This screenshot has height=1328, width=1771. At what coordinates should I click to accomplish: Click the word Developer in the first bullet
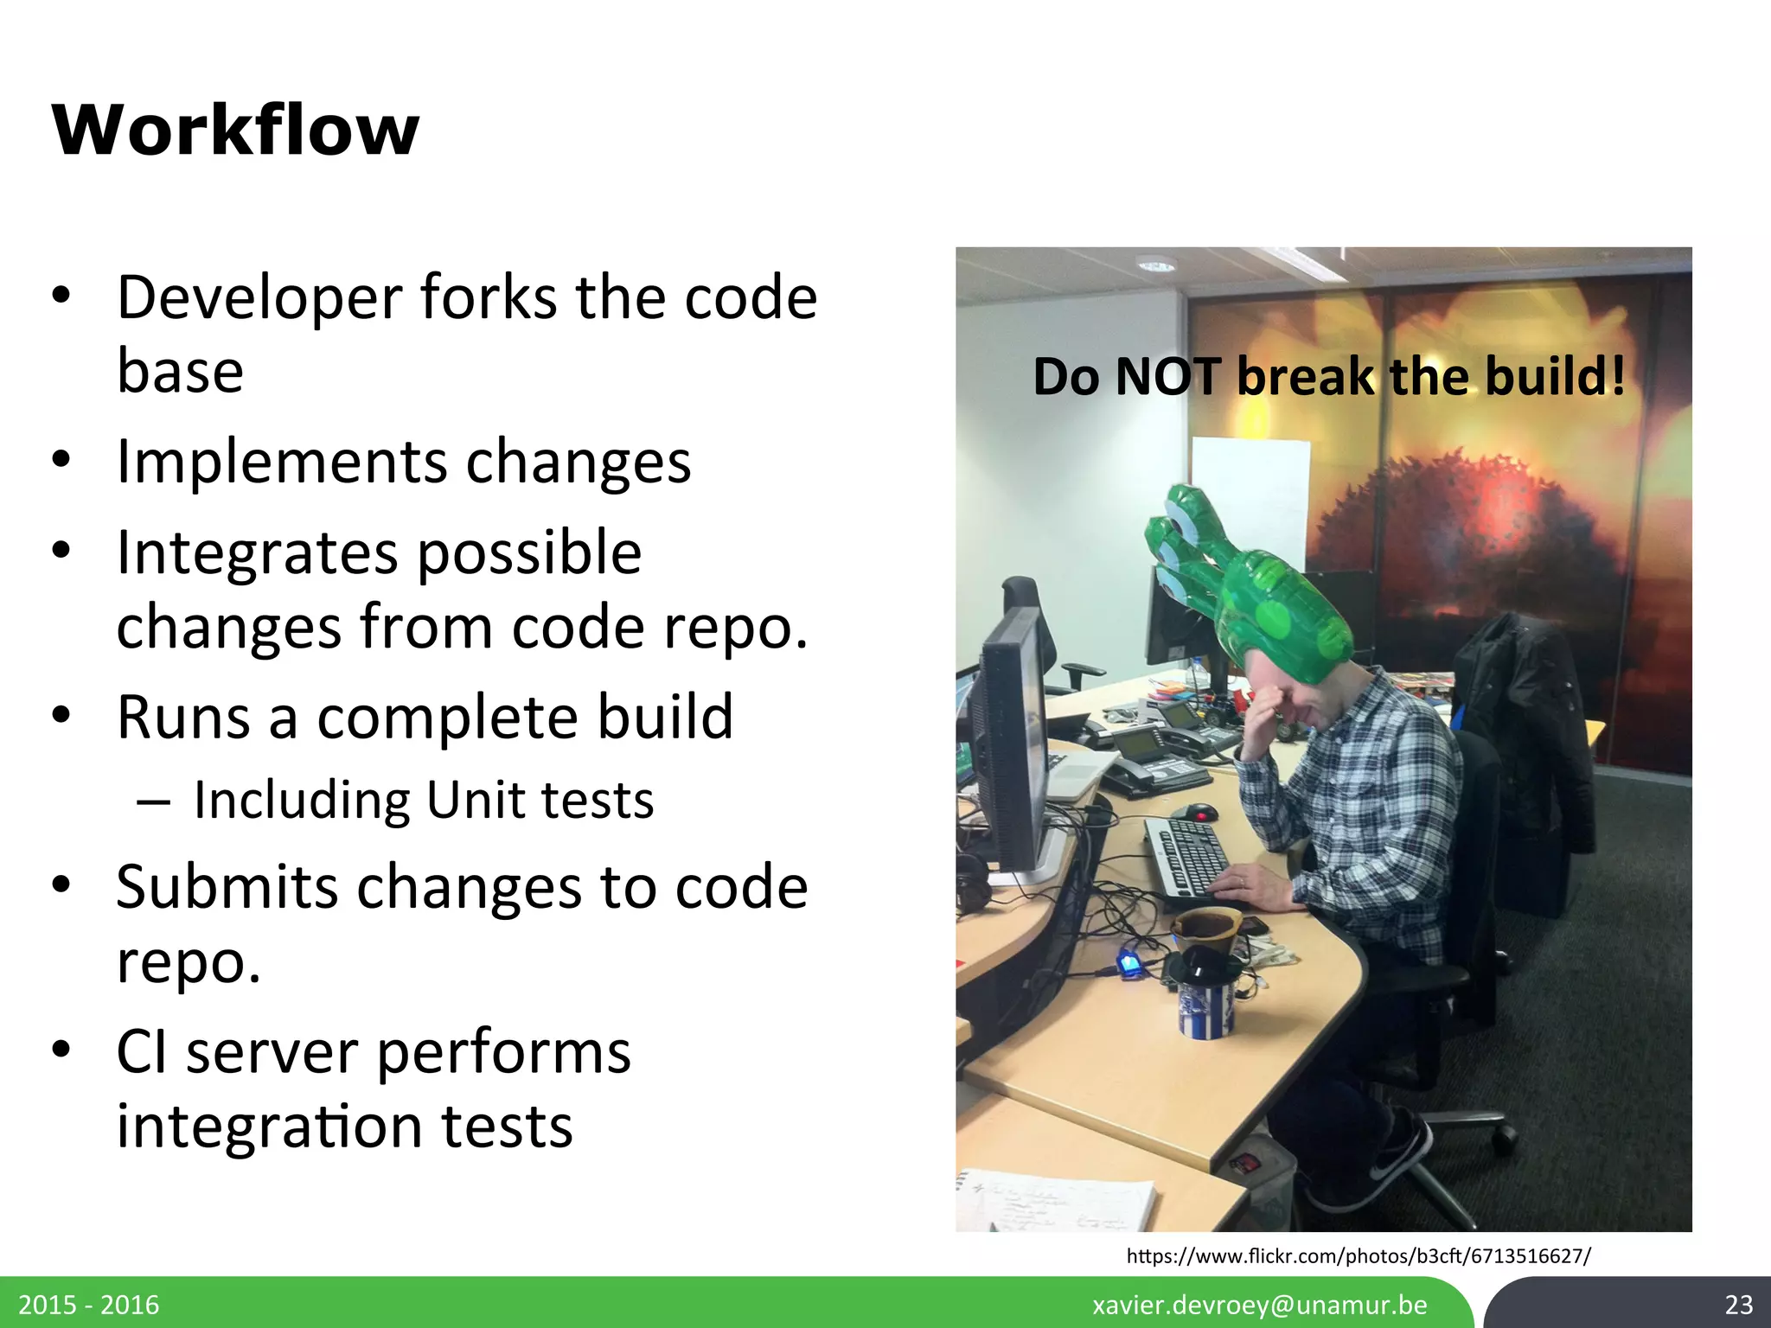tap(259, 298)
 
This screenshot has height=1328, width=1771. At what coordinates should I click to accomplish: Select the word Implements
tap(281, 463)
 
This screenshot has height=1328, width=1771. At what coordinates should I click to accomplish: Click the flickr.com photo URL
tap(1358, 1255)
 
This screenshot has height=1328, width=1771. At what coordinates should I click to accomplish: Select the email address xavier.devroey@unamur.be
tap(1259, 1305)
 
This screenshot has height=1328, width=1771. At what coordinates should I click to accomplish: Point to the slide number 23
tap(1738, 1305)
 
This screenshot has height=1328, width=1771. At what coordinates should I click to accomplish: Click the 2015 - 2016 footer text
tap(89, 1305)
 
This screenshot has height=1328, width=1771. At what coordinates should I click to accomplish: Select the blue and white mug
tap(1205, 1003)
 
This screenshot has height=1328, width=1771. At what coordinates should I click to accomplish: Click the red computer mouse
tap(1200, 813)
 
